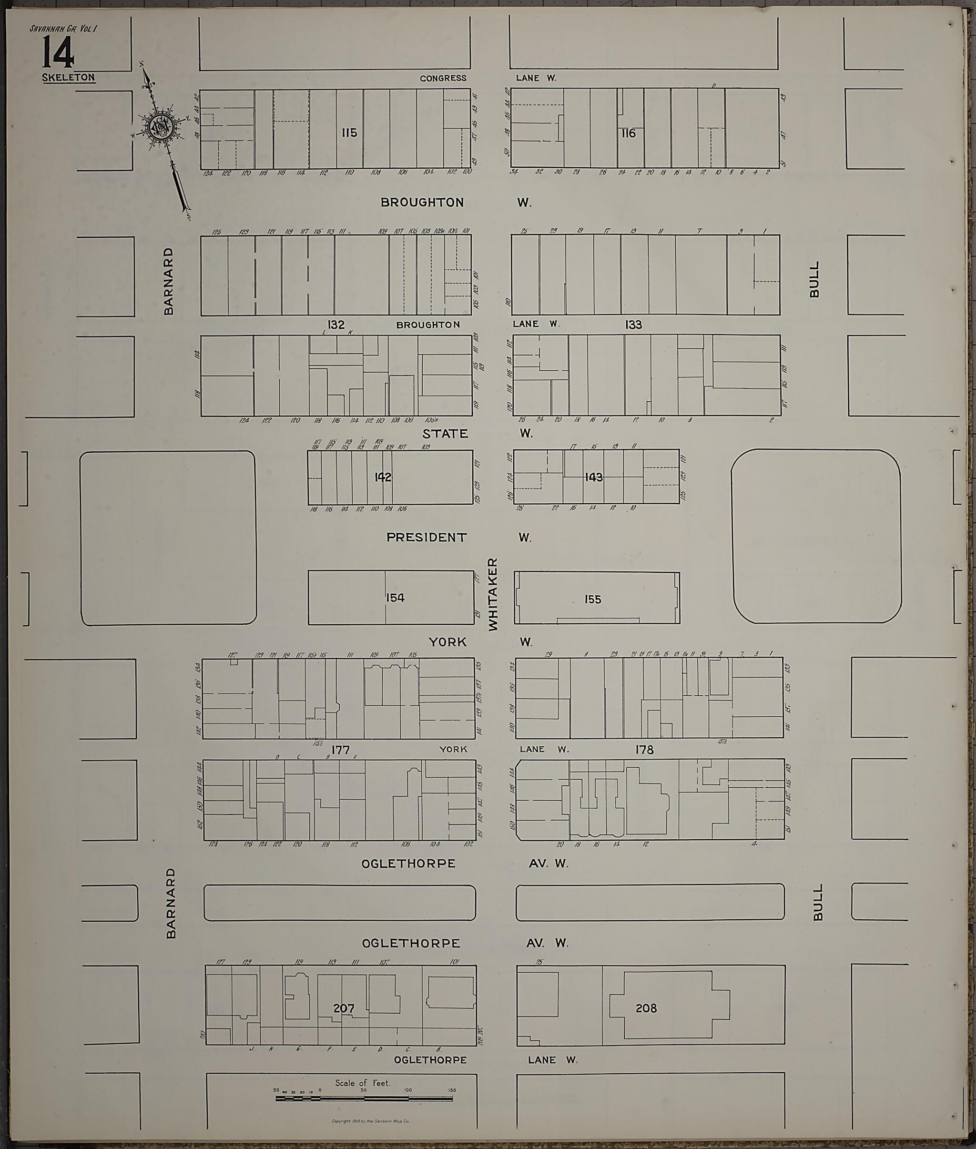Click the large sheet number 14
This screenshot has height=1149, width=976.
pyautogui.click(x=58, y=54)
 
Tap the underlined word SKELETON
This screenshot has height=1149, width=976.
pyautogui.click(x=69, y=78)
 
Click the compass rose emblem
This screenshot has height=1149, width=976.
pyautogui.click(x=160, y=127)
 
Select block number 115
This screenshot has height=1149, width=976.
pyautogui.click(x=349, y=133)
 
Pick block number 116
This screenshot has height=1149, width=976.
pyautogui.click(x=629, y=133)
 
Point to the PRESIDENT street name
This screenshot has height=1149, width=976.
pyautogui.click(x=427, y=537)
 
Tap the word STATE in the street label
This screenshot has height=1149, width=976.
pyautogui.click(x=445, y=434)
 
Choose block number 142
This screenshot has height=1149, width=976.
pyautogui.click(x=383, y=477)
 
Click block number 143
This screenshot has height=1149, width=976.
pyautogui.click(x=594, y=477)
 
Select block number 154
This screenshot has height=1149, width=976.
pyautogui.click(x=395, y=598)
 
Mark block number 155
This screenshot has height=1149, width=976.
pyautogui.click(x=592, y=599)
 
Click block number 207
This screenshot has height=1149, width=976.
pyautogui.click(x=344, y=1008)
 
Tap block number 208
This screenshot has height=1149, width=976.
pyautogui.click(x=646, y=1008)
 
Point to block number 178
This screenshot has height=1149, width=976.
pyautogui.click(x=645, y=750)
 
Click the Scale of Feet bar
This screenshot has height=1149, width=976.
pyautogui.click(x=364, y=1098)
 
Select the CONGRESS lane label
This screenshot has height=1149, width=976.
pyautogui.click(x=443, y=79)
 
